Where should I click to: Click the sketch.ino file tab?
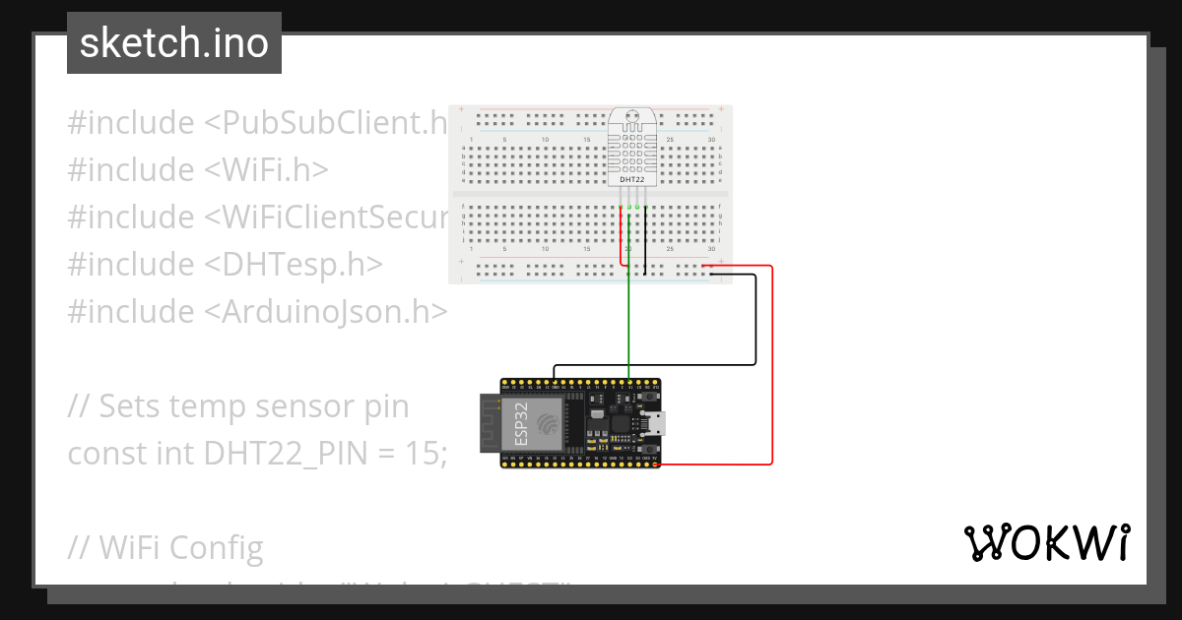[173, 43]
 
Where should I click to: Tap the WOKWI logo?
[1047, 542]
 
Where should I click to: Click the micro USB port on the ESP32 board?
[653, 423]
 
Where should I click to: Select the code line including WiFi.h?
[197, 170]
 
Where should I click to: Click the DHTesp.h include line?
[225, 264]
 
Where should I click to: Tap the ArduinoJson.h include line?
[257, 311]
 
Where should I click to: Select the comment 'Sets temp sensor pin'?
[237, 405]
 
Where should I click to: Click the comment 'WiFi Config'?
[164, 547]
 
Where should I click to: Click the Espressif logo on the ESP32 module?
[548, 423]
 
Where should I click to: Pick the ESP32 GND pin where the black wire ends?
[555, 382]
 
